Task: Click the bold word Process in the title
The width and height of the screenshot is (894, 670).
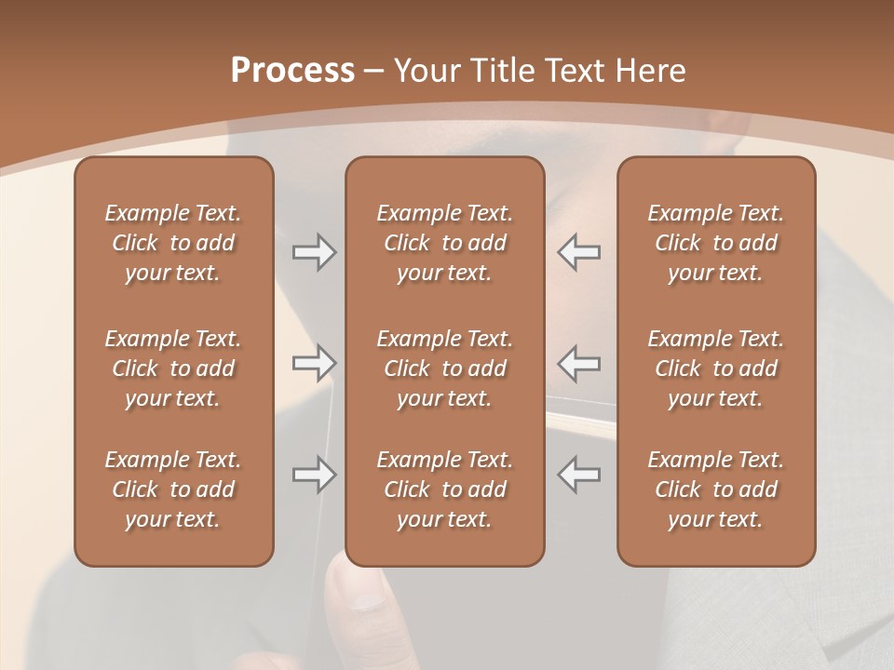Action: [x=292, y=71]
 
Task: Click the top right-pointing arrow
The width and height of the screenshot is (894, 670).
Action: [x=315, y=252]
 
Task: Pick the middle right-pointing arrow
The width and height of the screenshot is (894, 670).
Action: [x=315, y=363]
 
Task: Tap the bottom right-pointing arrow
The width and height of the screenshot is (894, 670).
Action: [x=315, y=475]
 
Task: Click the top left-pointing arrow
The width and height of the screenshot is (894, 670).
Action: [x=578, y=252]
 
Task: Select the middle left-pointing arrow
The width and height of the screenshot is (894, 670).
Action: [x=578, y=363]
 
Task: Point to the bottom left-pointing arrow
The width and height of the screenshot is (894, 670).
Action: [x=578, y=475]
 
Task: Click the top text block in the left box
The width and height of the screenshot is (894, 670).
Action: [x=173, y=243]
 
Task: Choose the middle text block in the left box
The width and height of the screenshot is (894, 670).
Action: [x=173, y=368]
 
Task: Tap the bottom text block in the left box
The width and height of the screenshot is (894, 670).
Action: [x=173, y=489]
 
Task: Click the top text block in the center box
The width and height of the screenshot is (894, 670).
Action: [x=444, y=243]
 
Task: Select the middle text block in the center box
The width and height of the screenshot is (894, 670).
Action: [x=444, y=368]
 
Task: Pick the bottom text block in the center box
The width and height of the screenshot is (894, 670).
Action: [x=444, y=489]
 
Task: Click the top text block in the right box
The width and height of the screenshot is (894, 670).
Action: [x=715, y=243]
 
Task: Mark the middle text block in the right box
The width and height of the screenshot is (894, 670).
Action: [x=715, y=368]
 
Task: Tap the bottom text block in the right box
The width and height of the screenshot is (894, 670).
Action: [x=715, y=489]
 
